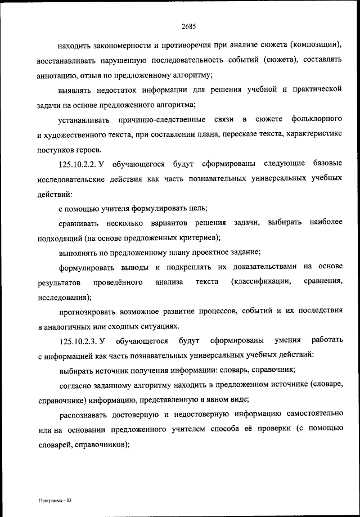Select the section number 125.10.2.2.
[79, 164]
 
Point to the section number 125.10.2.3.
[79, 341]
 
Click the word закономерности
[119, 44]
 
